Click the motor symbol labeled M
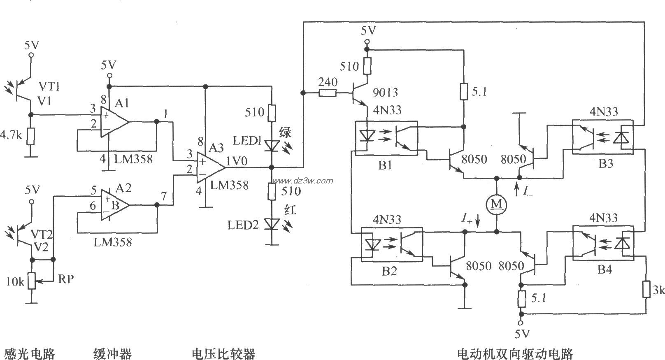(497, 204)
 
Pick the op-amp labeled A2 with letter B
(113, 205)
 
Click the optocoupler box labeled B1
(386, 138)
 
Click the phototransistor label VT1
(49, 86)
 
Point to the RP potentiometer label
(66, 279)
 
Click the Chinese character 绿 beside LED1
(285, 133)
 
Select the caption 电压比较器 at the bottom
(223, 353)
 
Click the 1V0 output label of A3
(236, 162)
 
